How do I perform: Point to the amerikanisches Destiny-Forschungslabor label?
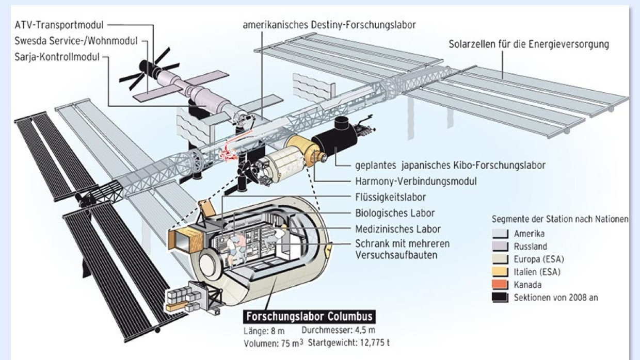(329, 25)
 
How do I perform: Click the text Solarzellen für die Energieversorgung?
(529, 44)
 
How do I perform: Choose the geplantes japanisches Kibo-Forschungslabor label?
(450, 166)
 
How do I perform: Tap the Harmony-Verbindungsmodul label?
(415, 182)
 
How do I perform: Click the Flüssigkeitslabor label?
(391, 197)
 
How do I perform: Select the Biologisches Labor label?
(395, 212)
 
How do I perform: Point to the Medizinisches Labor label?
(398, 228)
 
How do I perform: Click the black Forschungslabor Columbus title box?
(309, 316)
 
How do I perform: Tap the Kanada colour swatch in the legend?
(500, 285)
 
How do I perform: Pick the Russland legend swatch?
(500, 247)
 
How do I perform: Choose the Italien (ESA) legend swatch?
(500, 272)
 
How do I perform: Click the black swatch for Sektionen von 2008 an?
(500, 298)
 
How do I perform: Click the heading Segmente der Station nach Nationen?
(559, 219)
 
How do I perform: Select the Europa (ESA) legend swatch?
(500, 259)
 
